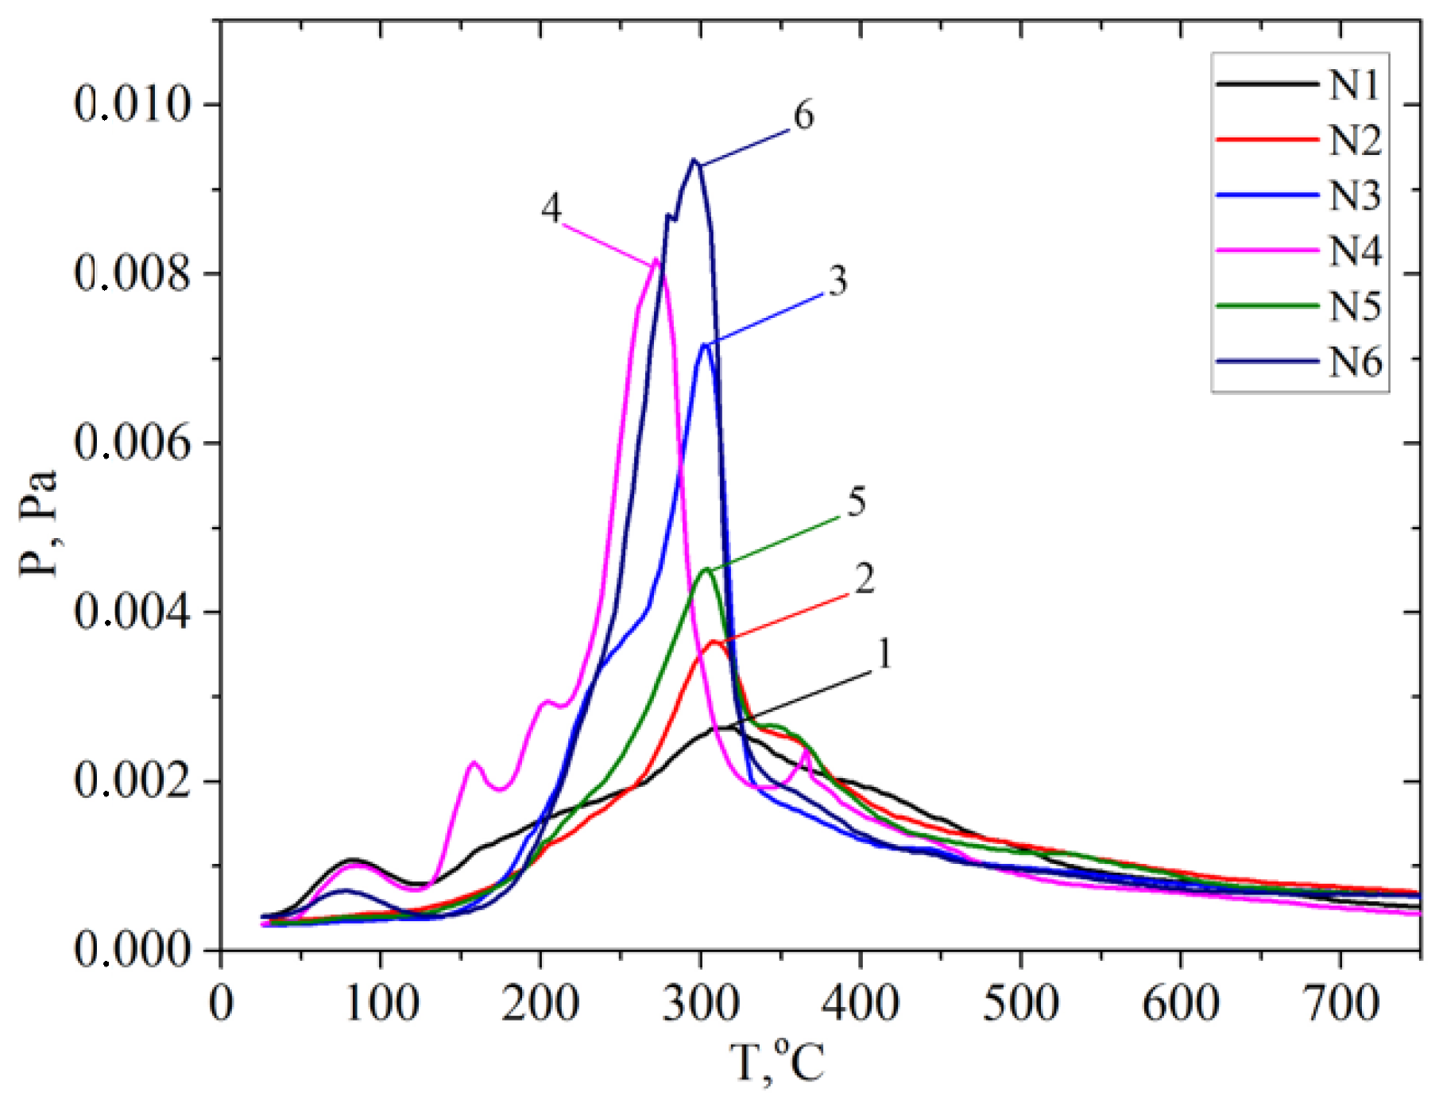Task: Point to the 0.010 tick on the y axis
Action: point(133,104)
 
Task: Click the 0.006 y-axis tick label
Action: point(133,443)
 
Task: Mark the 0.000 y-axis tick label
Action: point(133,949)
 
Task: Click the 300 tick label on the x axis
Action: point(700,1003)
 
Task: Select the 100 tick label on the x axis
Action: point(381,1003)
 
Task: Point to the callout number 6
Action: point(803,117)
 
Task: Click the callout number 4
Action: point(551,209)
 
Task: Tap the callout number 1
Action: point(884,655)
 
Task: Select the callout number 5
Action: point(856,502)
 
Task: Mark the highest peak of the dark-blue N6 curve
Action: point(694,161)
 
